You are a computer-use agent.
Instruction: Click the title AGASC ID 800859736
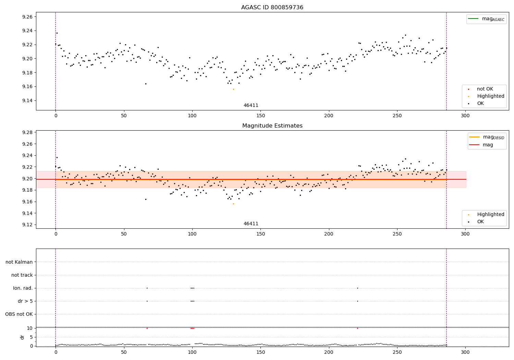(x=272, y=8)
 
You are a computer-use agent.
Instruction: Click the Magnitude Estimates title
(x=272, y=126)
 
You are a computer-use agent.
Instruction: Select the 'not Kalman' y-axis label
(x=19, y=262)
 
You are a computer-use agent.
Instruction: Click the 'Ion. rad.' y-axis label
(x=23, y=288)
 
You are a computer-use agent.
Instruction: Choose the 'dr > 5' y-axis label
(x=25, y=301)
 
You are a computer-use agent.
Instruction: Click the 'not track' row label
(x=22, y=275)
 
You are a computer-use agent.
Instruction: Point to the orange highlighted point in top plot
(x=233, y=89)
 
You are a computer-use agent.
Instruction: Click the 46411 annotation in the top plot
(x=251, y=105)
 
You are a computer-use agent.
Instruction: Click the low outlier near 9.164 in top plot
(x=146, y=84)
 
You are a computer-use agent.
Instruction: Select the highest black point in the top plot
(x=57, y=33)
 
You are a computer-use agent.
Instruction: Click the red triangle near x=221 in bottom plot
(x=357, y=328)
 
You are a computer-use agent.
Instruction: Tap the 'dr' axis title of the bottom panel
(x=22, y=337)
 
